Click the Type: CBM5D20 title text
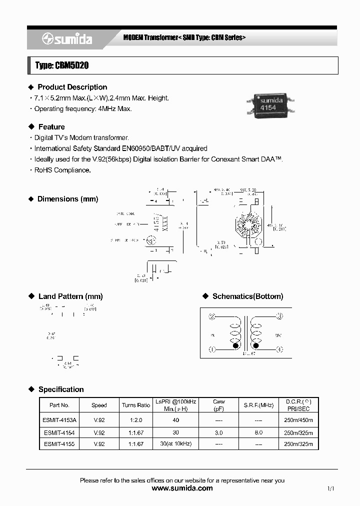tap(62, 65)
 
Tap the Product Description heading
tap(72, 87)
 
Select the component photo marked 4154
tap(271, 104)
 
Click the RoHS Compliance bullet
tap(62, 170)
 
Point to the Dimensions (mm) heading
tap(67, 199)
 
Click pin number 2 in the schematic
tap(212, 316)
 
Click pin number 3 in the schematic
tap(279, 316)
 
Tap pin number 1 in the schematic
tap(212, 349)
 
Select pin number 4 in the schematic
tap(279, 349)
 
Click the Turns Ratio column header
tap(135, 405)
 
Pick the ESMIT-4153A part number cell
tap(59, 420)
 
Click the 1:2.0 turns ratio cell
tap(135, 420)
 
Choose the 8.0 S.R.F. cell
tap(258, 432)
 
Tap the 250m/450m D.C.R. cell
tap(297, 420)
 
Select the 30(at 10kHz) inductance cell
tap(175, 444)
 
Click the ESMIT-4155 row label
tap(59, 444)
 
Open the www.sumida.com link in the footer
tap(182, 488)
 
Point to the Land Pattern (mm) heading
tap(70, 296)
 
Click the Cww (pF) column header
tap(218, 405)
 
